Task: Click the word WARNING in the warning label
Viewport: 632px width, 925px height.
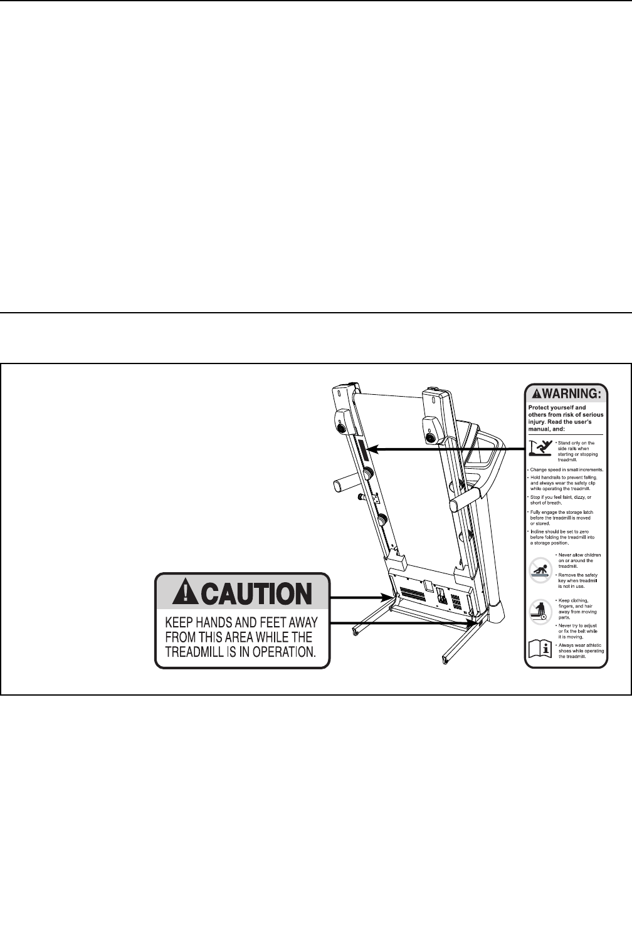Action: [572, 394]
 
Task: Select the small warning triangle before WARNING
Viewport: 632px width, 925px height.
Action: [537, 394]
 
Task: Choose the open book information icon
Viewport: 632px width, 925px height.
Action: [539, 650]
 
